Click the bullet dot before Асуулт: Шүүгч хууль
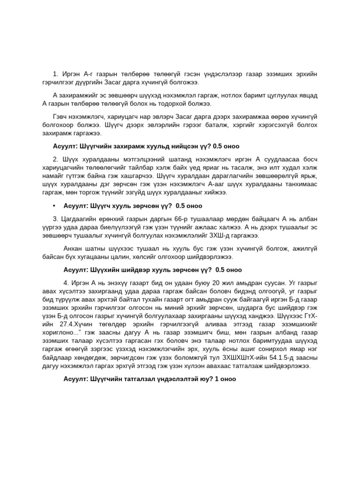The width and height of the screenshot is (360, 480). tap(54, 206)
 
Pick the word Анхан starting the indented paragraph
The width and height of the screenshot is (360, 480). tap(73, 248)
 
